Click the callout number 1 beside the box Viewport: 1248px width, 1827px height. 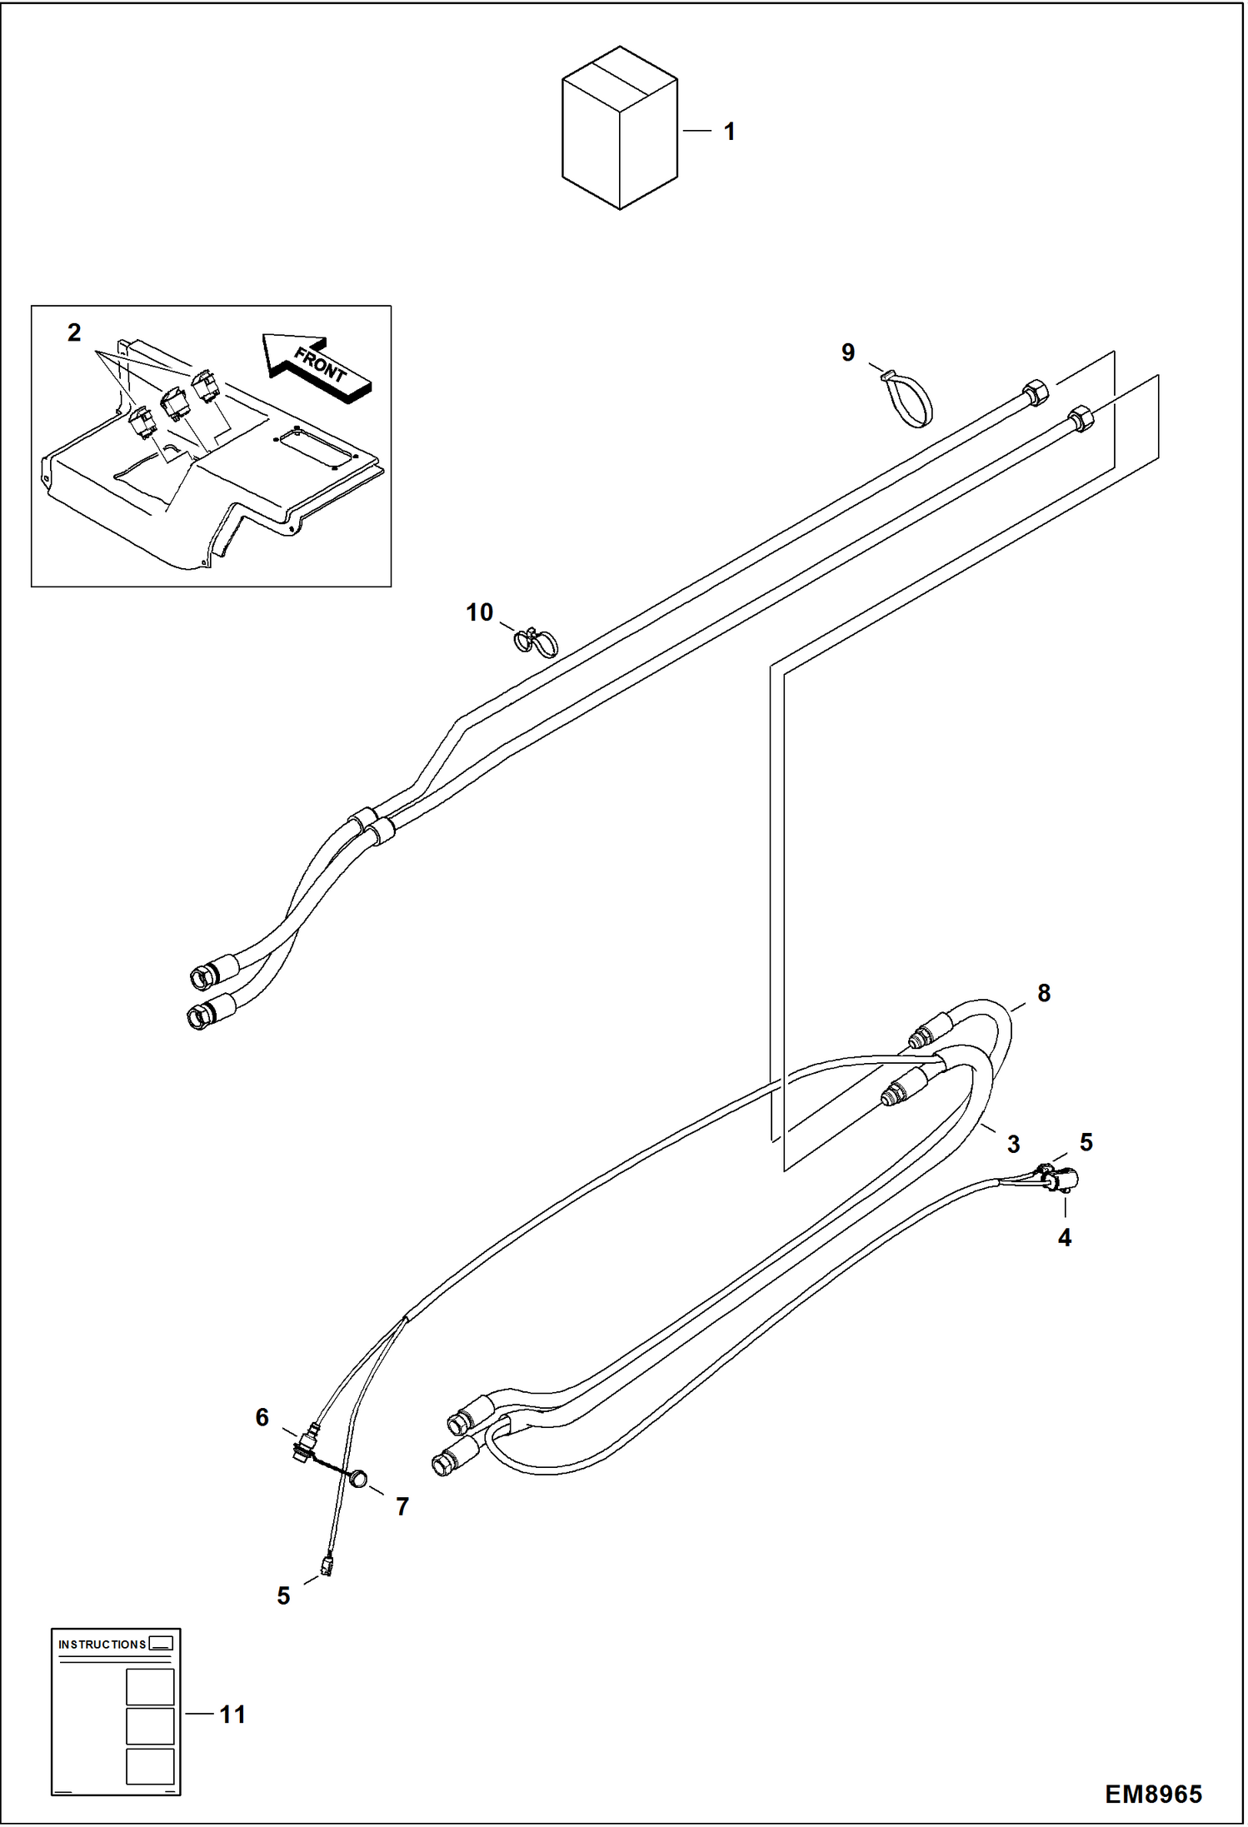click(729, 132)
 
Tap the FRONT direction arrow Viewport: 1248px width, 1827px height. click(317, 367)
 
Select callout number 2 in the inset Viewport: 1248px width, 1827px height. click(74, 333)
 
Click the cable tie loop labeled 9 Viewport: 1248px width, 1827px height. click(909, 400)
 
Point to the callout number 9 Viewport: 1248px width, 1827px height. click(848, 352)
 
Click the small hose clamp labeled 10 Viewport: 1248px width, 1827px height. click(535, 641)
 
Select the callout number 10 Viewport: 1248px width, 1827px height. click(479, 612)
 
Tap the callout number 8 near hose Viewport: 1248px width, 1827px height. click(1043, 993)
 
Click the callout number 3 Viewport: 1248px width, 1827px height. click(1013, 1144)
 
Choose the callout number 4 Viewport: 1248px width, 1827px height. click(1064, 1238)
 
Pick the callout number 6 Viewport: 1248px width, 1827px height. click(262, 1417)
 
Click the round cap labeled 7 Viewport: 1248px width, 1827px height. click(358, 1479)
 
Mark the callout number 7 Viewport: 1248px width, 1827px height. click(402, 1506)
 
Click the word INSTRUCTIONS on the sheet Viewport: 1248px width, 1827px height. click(102, 1645)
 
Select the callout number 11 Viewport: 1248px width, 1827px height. click(232, 1715)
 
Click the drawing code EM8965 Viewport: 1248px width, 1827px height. click(1153, 1794)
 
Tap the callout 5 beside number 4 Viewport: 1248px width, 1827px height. click(1086, 1142)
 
